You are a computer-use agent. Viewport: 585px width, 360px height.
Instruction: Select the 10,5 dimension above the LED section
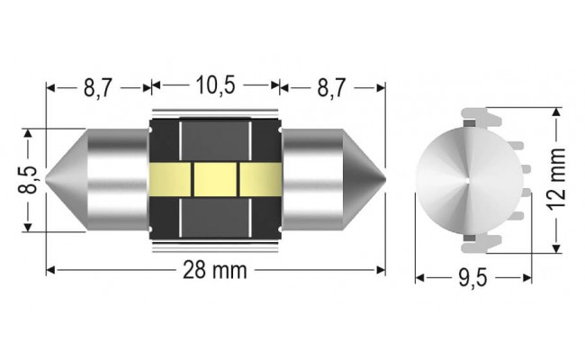point(215,86)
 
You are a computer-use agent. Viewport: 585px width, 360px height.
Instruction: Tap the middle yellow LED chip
point(215,179)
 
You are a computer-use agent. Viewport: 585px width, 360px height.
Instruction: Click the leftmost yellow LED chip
point(171,179)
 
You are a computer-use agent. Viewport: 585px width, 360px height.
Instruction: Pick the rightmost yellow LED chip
point(259,179)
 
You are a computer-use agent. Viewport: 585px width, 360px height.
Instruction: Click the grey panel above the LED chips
point(215,141)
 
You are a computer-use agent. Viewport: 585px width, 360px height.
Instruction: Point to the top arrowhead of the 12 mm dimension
point(556,112)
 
